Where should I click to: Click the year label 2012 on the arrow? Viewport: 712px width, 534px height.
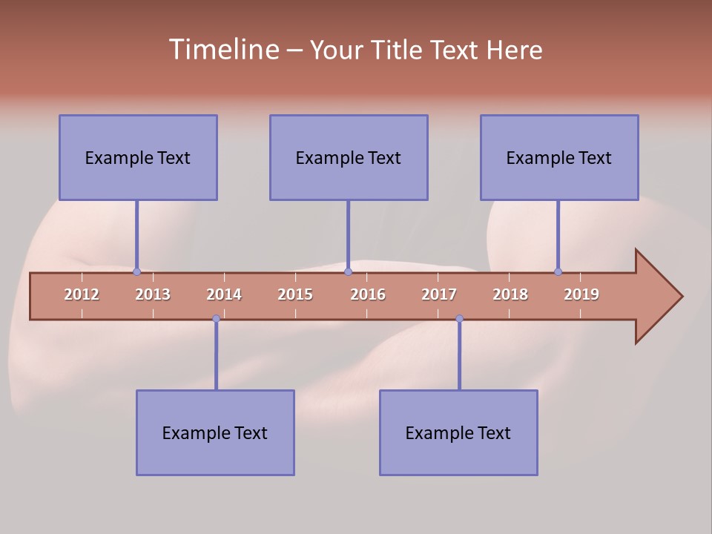point(82,294)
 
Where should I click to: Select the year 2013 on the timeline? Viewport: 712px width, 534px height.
point(153,294)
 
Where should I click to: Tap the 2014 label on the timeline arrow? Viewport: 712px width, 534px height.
point(224,294)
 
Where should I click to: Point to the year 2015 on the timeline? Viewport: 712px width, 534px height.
point(295,294)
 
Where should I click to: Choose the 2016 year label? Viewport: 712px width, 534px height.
point(368,294)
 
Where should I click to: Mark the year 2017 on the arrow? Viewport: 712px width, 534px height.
point(439,294)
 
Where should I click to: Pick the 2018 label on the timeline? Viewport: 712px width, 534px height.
point(510,294)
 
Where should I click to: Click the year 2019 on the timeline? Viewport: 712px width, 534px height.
point(581,294)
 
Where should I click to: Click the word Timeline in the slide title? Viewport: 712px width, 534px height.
point(222,50)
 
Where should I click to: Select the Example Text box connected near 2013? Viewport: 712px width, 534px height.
point(138,157)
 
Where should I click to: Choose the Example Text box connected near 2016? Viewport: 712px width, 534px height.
point(349,157)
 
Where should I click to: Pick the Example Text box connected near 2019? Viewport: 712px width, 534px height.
point(559,157)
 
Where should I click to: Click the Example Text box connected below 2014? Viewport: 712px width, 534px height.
point(215,432)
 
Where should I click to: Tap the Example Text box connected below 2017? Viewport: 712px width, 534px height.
point(458,432)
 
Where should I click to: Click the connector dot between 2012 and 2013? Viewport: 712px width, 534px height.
point(136,271)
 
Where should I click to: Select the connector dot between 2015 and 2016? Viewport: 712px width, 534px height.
point(348,271)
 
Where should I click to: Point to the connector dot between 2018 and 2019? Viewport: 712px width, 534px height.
point(558,271)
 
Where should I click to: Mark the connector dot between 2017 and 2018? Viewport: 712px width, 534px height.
point(459,319)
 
